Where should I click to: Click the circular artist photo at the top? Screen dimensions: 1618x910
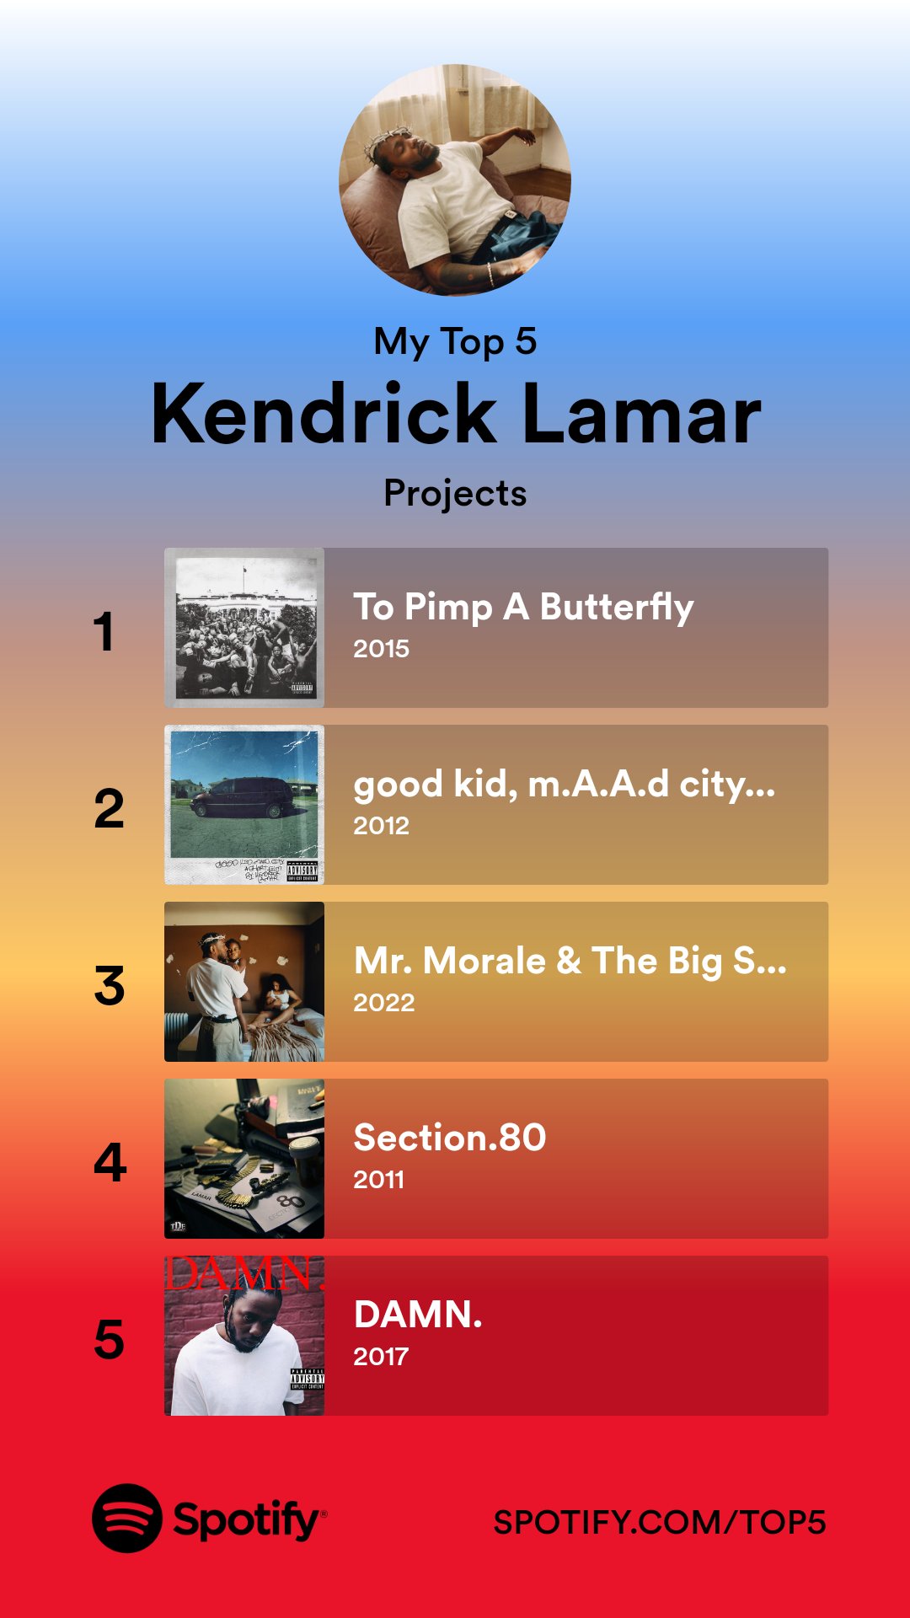pyautogui.click(x=455, y=180)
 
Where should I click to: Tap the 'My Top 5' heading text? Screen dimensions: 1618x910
pyautogui.click(x=455, y=342)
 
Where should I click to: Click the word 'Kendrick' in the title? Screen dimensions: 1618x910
pyautogui.click(x=324, y=415)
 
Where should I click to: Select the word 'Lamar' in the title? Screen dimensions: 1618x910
pyautogui.click(x=642, y=415)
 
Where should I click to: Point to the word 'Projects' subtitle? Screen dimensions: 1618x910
pyautogui.click(x=455, y=494)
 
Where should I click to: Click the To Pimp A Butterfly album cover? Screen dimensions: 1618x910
pyautogui.click(x=244, y=628)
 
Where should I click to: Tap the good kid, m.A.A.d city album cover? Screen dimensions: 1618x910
pyautogui.click(x=244, y=805)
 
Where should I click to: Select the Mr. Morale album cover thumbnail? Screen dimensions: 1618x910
pyautogui.click(x=244, y=982)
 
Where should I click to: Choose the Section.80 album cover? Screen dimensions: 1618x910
pyautogui.click(x=244, y=1159)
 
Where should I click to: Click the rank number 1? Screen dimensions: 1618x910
pyautogui.click(x=104, y=631)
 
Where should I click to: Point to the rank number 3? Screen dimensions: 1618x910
pyautogui.click(x=110, y=986)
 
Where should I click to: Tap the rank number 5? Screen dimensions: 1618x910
pyautogui.click(x=110, y=1339)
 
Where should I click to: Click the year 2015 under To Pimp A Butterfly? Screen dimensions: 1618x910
pyautogui.click(x=381, y=649)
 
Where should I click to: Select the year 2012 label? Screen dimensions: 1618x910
pyautogui.click(x=381, y=826)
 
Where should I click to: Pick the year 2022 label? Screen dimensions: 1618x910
pyautogui.click(x=383, y=1003)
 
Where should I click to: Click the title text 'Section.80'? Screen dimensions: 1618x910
pyautogui.click(x=450, y=1138)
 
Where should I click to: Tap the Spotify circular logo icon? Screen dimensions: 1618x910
pyautogui.click(x=126, y=1519)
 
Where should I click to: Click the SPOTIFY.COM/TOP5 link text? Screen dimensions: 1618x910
pyautogui.click(x=659, y=1523)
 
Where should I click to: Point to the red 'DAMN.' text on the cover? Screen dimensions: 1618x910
pyautogui.click(x=244, y=1274)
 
